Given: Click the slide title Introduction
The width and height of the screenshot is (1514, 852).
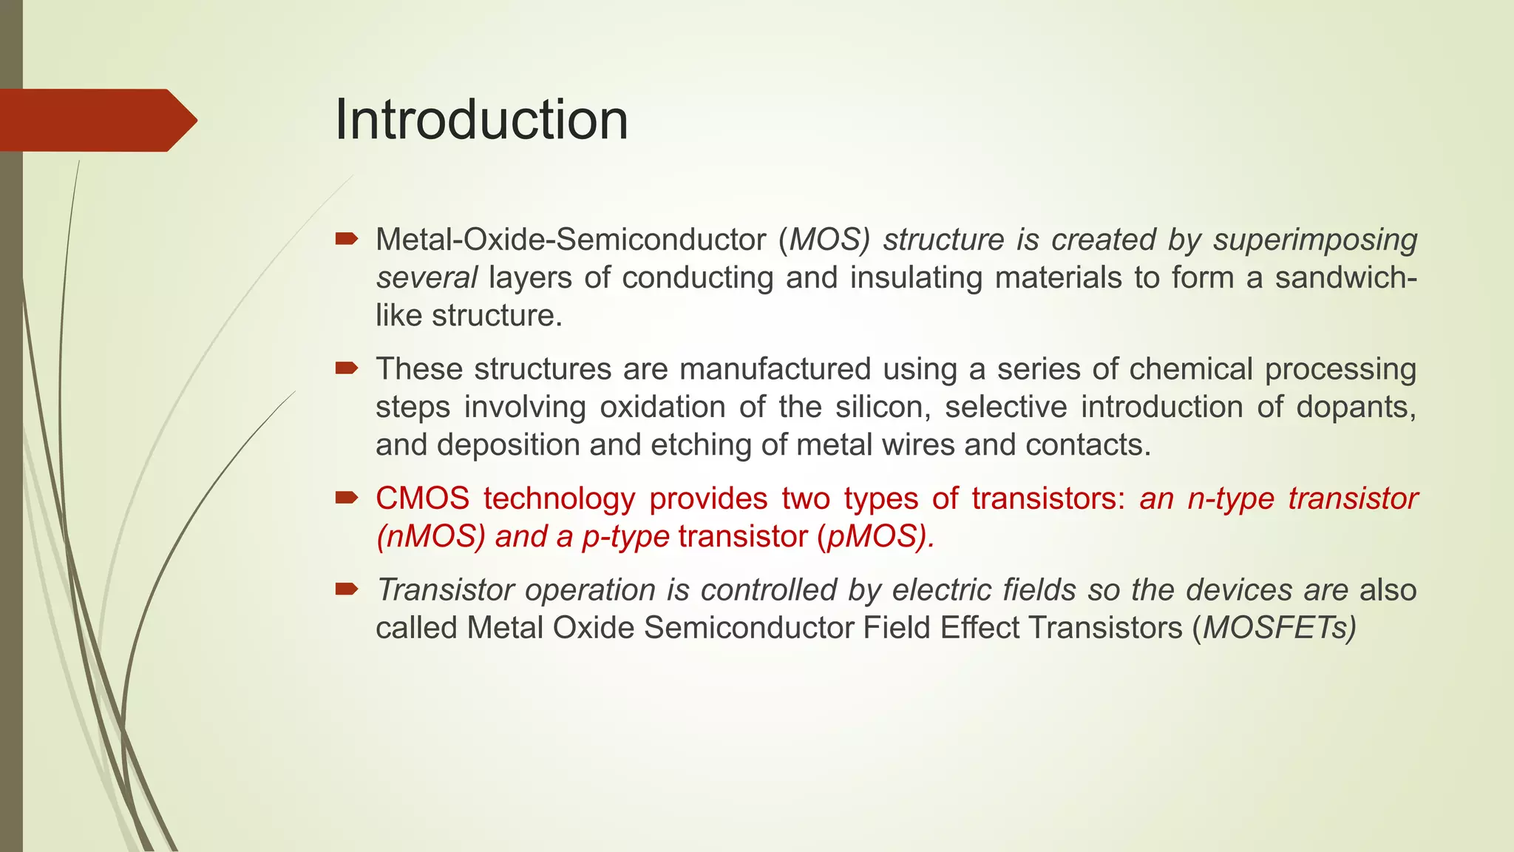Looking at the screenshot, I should coord(481,120).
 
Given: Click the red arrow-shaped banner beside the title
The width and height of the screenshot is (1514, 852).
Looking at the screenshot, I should coord(96,120).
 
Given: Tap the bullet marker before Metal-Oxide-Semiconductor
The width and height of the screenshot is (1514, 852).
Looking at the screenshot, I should coord(346,238).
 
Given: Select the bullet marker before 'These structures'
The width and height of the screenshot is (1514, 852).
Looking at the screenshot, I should coord(346,368).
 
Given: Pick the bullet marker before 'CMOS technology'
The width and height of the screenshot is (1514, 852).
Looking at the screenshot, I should coord(346,497).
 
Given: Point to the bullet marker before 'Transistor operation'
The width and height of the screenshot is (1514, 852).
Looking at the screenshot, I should coord(346,589).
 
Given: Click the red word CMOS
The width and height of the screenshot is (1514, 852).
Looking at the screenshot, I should coord(422,498).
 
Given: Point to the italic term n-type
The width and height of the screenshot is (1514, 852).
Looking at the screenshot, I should coord(1230,498).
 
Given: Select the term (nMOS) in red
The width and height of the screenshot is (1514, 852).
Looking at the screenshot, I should coord(430,536).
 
